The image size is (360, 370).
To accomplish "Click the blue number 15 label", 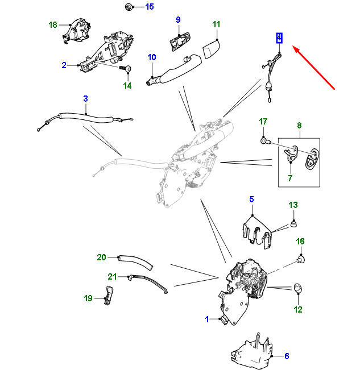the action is pos(150,7).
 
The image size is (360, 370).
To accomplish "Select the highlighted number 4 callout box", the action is pos(279,38).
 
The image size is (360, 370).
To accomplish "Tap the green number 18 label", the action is pos(53,25).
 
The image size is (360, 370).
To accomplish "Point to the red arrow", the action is pos(314,68).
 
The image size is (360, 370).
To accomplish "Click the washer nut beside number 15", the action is pos(129,7).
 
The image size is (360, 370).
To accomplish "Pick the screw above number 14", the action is pos(125,69).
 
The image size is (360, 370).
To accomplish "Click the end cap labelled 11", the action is pos(211,49).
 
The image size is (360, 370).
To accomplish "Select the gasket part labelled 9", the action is pos(180,43).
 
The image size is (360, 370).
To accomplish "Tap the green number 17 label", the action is pos(263,122).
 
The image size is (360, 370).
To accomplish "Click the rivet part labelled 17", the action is pos(264,141).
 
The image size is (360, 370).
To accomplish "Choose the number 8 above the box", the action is pos(299,125).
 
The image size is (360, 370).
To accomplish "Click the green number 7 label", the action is pos(290,178).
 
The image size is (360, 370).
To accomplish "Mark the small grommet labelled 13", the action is pos(293,223).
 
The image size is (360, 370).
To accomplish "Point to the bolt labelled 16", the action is pos(301,259).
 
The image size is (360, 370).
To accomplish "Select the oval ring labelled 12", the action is pos(298,288).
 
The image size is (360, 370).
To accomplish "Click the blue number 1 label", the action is pos(207,319).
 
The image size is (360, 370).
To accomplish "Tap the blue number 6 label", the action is pos(287,356).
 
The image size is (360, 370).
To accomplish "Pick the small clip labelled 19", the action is pos(109,295).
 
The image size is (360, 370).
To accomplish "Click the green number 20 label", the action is pos(101,257).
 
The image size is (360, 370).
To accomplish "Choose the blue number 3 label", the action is pos(85,99).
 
